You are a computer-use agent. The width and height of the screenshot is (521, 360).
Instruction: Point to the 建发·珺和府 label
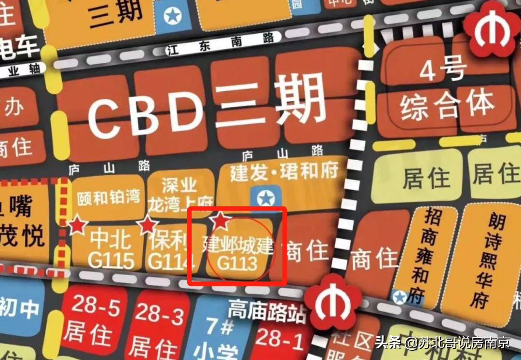coord(284,171)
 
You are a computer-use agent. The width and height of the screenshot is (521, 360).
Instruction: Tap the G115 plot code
coord(111,261)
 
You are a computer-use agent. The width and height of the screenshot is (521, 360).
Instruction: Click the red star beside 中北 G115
coord(77,225)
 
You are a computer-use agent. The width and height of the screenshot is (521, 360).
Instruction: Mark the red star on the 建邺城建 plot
coord(220,220)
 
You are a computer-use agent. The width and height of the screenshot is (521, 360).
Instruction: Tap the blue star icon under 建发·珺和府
coord(265,198)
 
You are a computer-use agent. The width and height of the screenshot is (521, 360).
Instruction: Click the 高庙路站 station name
coord(267,311)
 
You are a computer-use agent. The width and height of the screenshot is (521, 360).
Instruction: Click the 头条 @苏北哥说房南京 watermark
coord(443,344)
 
